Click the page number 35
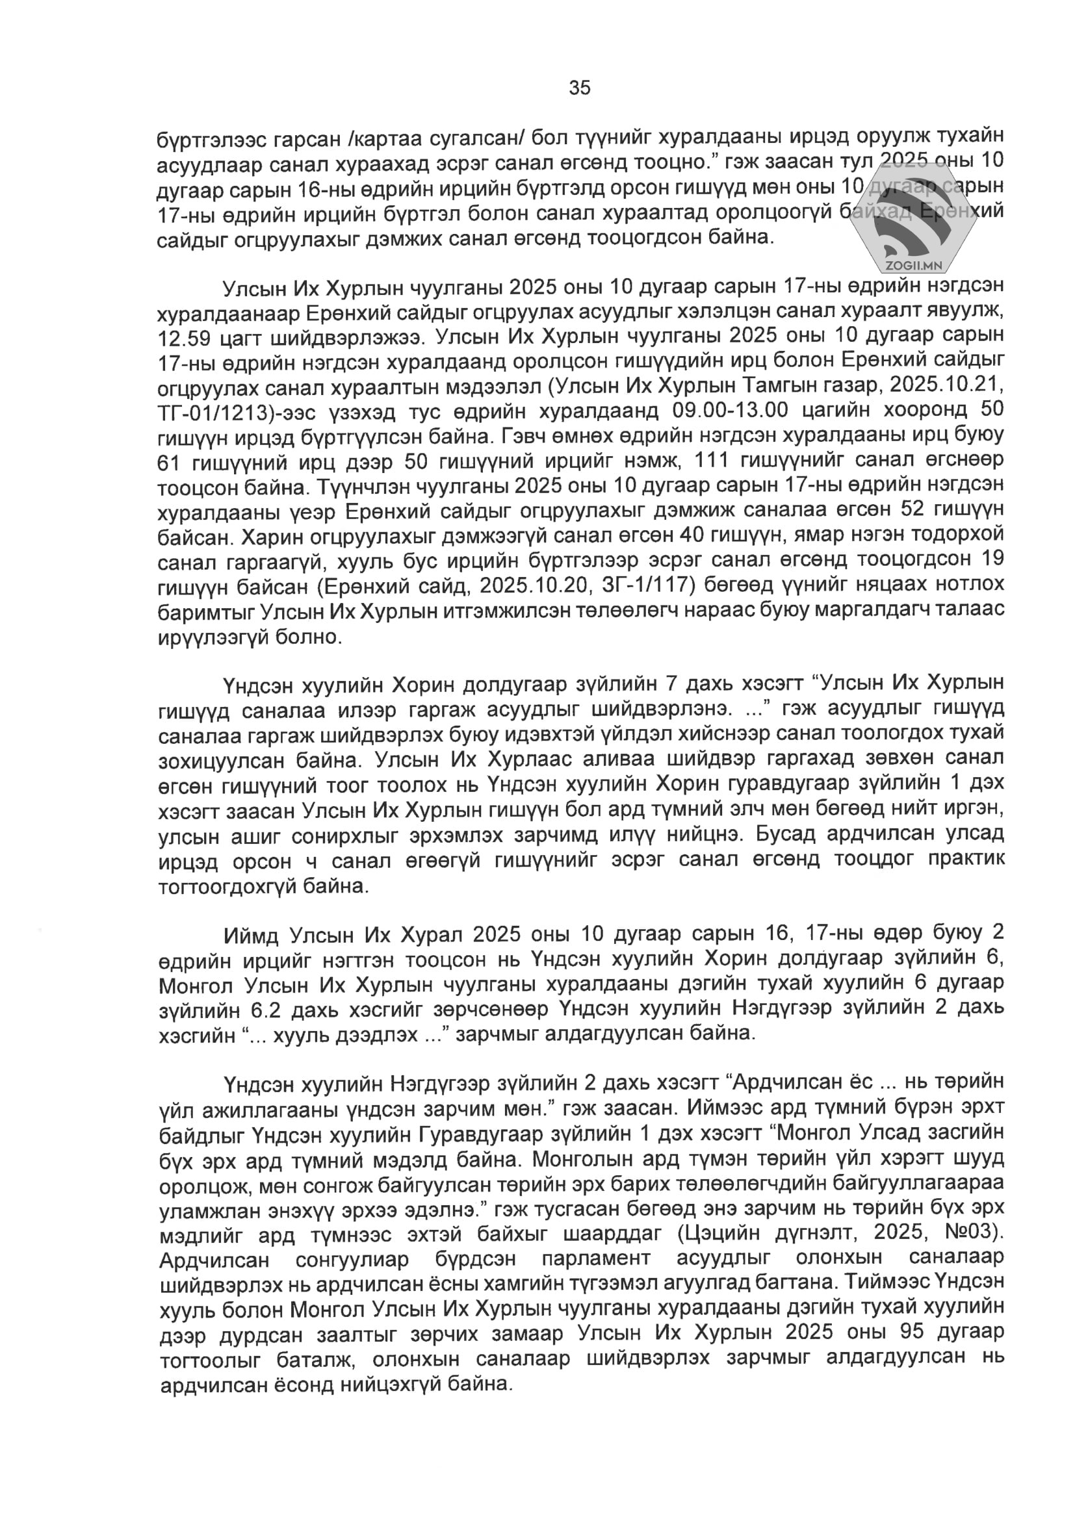pos(579,88)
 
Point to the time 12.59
pos(184,338)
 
